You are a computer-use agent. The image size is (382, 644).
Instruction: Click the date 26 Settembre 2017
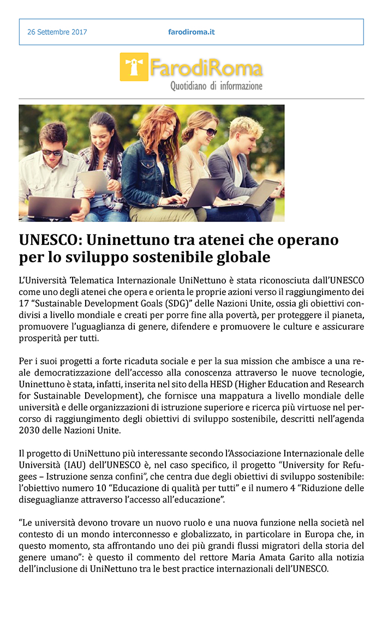point(57,32)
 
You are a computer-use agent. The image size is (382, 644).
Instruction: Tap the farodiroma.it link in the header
point(191,32)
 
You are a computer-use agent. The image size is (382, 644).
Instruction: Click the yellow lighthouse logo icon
point(134,67)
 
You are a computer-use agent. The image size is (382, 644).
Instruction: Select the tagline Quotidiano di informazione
point(216,86)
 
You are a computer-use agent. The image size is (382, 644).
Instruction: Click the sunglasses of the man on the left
point(53,152)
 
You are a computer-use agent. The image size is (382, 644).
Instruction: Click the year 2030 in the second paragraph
point(28,430)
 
